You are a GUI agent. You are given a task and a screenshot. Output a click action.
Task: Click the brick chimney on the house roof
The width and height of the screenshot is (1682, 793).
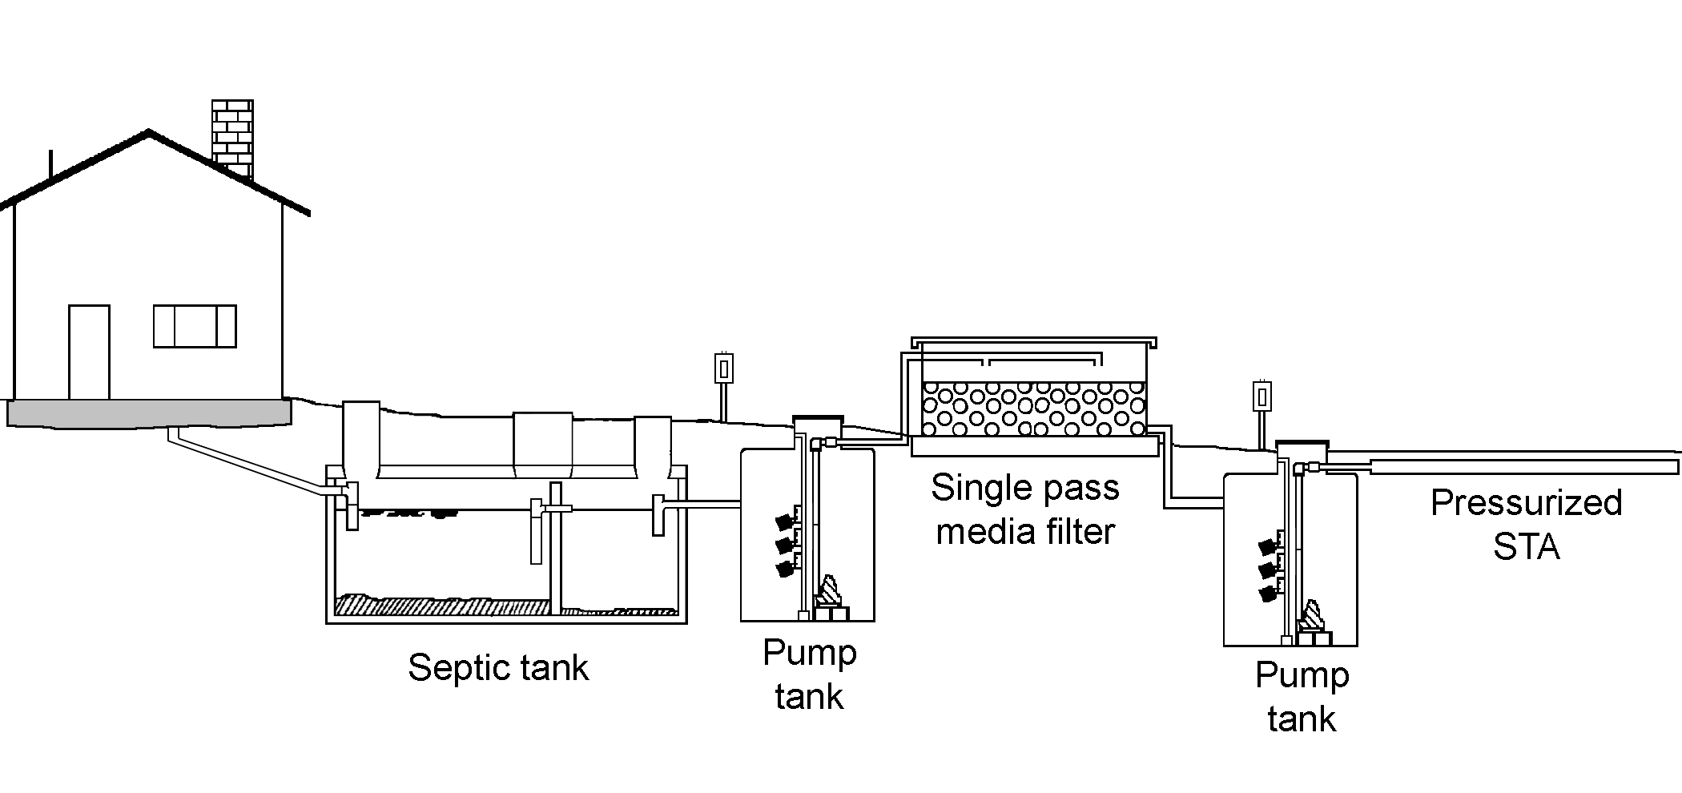232,136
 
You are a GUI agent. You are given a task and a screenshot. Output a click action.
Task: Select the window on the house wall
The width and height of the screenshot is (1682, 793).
195,326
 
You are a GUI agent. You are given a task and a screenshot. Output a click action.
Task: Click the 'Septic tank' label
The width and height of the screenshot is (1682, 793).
498,667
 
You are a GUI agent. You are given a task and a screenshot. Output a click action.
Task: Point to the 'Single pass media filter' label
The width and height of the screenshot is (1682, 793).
1025,509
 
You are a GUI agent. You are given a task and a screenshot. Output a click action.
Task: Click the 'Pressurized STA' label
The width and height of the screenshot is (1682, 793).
1526,525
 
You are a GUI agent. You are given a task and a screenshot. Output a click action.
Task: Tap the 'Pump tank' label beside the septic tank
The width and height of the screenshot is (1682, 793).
809,674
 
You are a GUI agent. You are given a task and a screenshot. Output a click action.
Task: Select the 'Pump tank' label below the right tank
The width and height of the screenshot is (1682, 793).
1302,697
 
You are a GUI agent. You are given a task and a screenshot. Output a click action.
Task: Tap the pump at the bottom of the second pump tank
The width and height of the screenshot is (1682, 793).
1313,622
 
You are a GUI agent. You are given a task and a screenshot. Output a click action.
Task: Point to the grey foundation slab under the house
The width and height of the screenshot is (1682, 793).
149,413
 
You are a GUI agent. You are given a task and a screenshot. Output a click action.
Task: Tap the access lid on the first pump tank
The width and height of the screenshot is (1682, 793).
818,421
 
